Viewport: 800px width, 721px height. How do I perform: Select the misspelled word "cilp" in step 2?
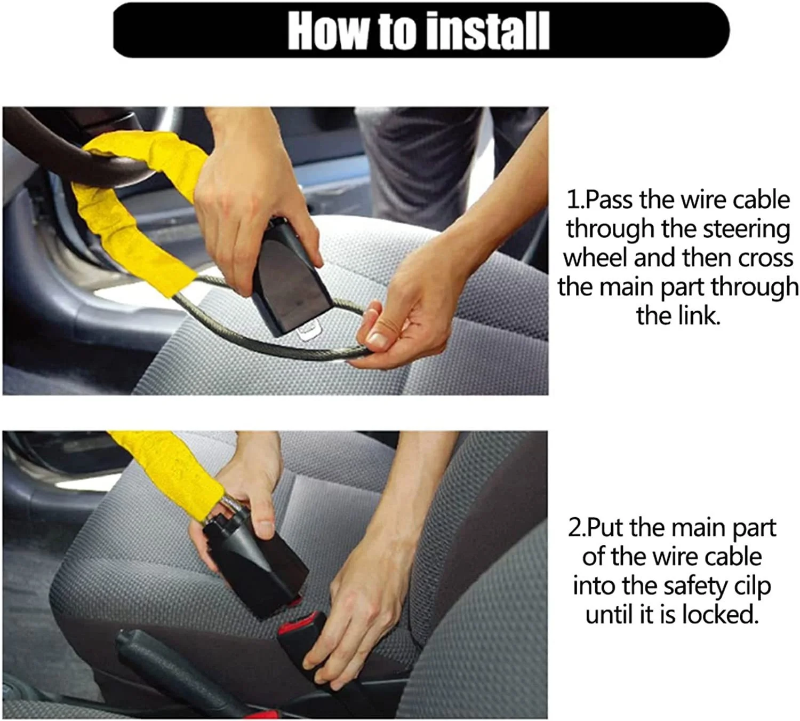[x=752, y=586]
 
